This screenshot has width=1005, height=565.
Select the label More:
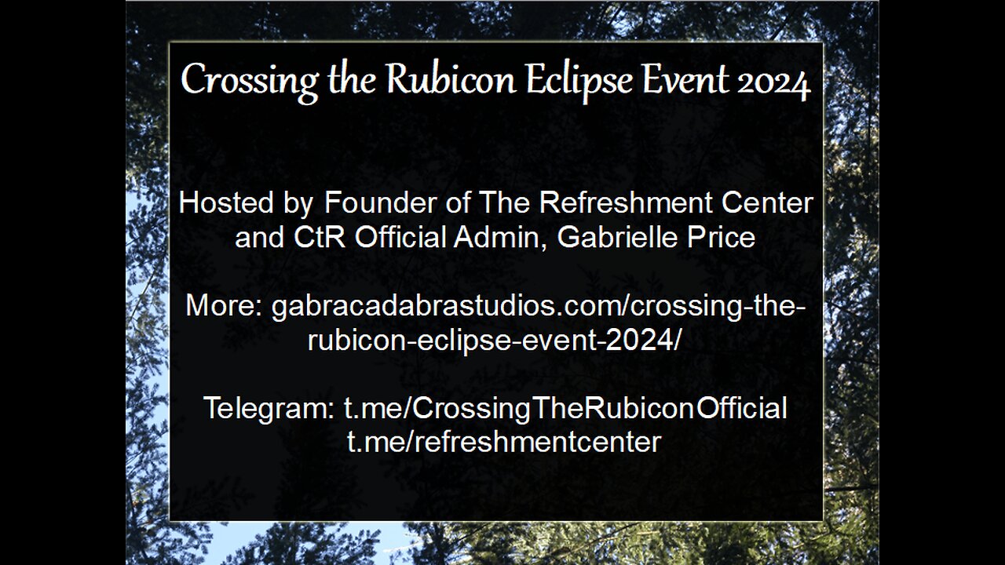(x=224, y=306)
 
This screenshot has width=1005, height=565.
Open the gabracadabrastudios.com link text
(x=538, y=306)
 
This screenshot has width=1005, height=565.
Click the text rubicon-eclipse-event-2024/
(x=495, y=340)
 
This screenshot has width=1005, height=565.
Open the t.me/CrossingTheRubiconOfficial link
(x=565, y=409)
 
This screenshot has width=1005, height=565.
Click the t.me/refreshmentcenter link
(x=503, y=443)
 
